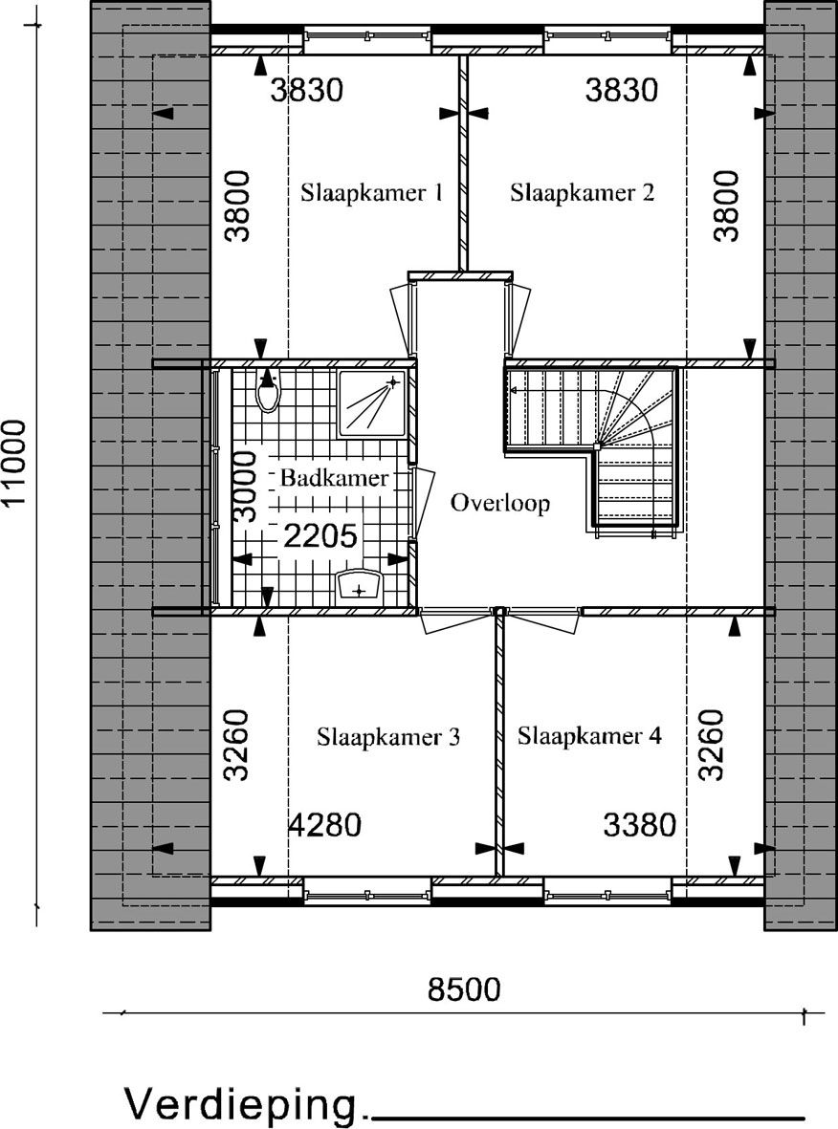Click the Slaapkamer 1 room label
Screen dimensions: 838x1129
coord(372,193)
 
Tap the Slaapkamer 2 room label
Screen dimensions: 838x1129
coord(583,193)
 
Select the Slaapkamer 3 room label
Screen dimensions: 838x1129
coord(388,737)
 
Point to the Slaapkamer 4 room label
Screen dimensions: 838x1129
coord(589,736)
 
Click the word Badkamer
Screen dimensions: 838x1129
coord(334,477)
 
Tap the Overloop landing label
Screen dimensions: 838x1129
coord(500,503)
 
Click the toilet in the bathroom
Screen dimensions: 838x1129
coord(268,391)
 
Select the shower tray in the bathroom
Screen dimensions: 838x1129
coord(372,402)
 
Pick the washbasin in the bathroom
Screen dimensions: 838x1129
coord(359,585)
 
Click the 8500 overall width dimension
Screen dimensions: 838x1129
coord(464,989)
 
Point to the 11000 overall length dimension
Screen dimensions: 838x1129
coord(14,464)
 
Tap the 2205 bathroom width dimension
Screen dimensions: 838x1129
coord(320,536)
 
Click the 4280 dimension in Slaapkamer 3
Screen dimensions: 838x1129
coord(324,825)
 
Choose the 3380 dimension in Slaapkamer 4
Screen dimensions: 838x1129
coord(640,825)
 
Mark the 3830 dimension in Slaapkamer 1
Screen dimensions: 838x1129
coord(307,91)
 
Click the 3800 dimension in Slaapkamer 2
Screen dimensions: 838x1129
coord(726,206)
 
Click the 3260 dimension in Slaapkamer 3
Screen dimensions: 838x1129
coord(236,746)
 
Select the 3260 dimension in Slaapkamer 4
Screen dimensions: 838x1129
coord(711,746)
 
